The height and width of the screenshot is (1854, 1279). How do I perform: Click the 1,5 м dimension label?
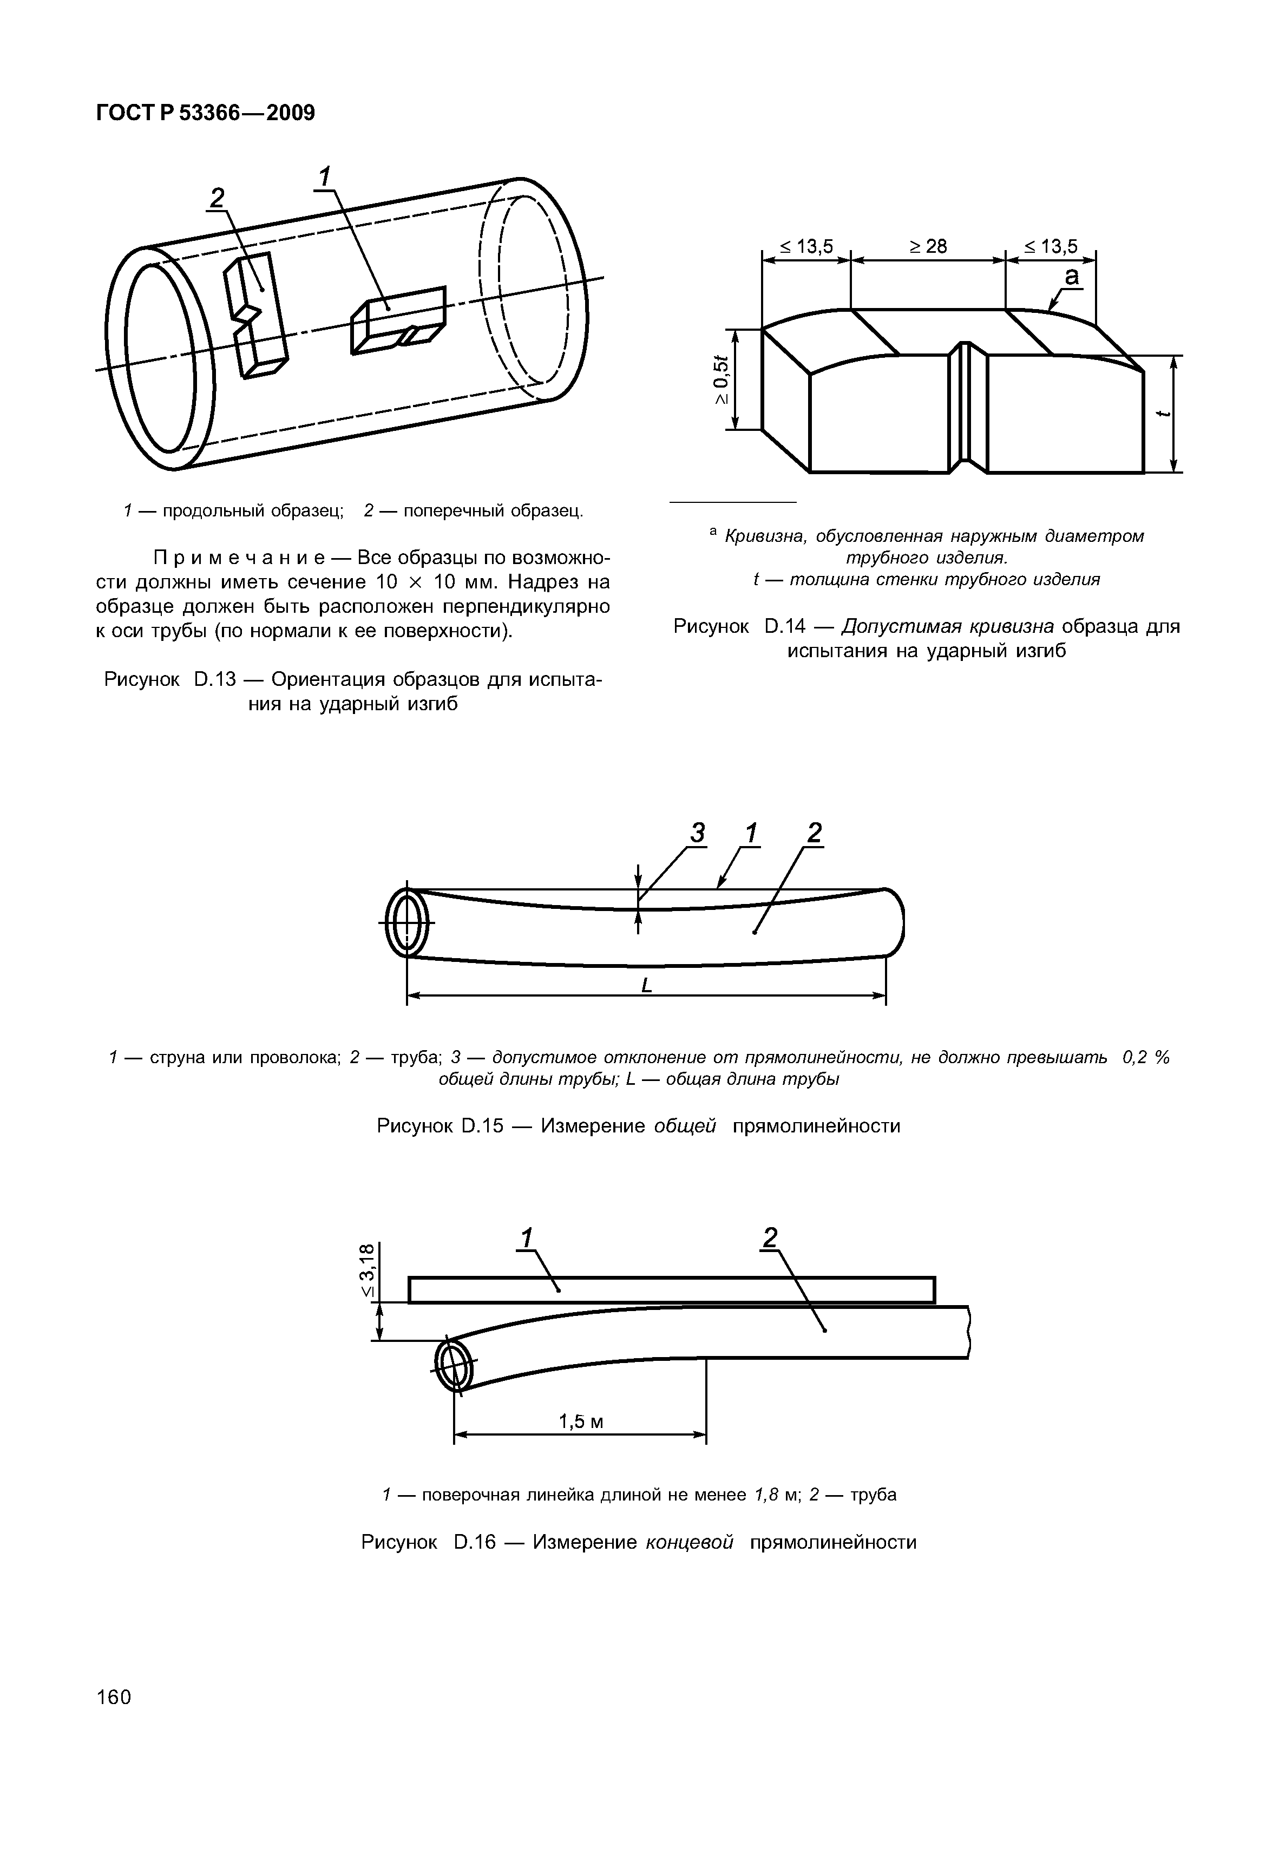pos(580,1422)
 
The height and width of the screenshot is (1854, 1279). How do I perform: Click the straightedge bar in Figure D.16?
pos(672,1290)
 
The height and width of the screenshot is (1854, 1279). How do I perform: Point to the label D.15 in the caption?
pos(482,1126)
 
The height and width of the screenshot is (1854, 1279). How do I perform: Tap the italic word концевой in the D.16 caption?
pos(689,1542)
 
